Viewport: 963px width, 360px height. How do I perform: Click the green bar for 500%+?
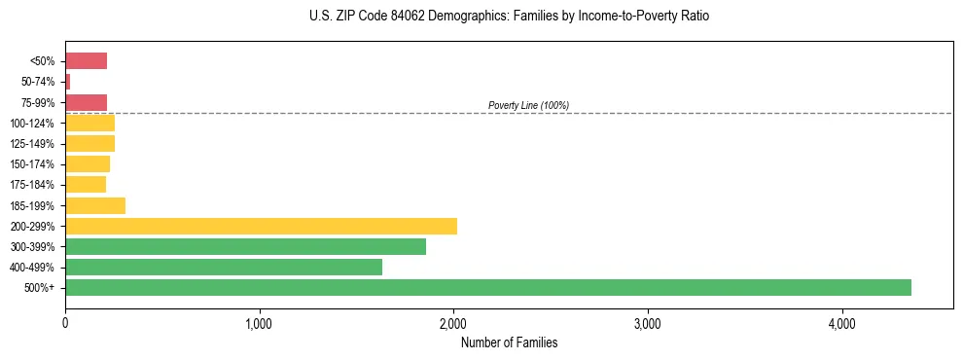pos(487,287)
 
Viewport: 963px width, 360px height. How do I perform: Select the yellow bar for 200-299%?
pos(261,226)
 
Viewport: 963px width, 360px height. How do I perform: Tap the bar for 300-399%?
pos(245,246)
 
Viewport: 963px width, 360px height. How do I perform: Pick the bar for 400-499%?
pos(224,267)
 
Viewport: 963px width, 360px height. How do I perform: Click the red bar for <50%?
pos(86,61)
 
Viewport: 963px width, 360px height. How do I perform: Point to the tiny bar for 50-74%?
pos(68,82)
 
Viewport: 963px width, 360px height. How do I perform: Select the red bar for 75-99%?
pos(86,102)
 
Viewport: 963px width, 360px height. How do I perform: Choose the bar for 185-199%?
pos(95,205)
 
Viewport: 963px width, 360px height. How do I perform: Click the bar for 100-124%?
pos(89,123)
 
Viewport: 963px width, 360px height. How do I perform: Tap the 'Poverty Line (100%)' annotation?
pos(528,105)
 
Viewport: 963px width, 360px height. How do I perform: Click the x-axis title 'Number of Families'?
pos(509,342)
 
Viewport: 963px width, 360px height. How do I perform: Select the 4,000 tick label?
pos(841,323)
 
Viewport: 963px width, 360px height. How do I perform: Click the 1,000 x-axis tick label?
pos(260,323)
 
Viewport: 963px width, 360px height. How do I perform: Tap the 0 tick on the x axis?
pos(65,323)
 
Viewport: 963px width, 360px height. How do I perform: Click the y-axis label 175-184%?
pos(33,185)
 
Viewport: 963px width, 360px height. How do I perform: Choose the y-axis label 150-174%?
pos(33,164)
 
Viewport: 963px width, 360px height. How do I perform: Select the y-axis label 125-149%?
pos(33,144)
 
